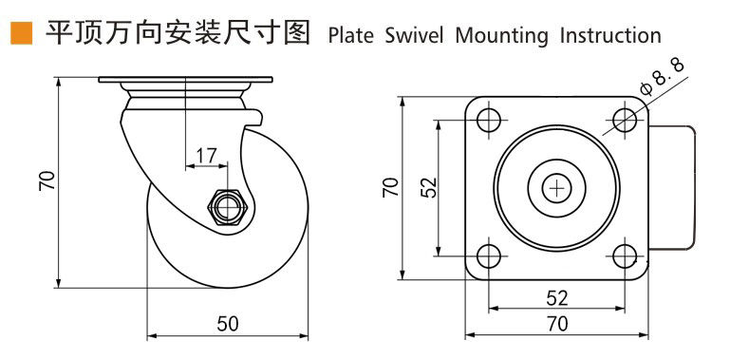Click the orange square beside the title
coord(21,33)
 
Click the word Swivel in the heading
coord(414,36)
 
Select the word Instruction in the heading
coord(610,36)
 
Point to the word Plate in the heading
coord(351,36)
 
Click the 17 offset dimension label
coord(206,155)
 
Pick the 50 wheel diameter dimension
coord(228,324)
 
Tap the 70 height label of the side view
coord(47,181)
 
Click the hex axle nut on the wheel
coord(228,207)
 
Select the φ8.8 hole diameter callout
coord(662,77)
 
